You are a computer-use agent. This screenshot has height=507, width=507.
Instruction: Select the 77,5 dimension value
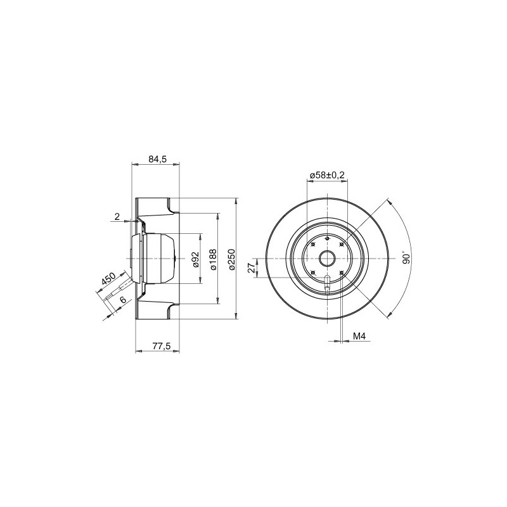[162, 346]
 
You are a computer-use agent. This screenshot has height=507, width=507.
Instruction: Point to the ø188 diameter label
[213, 259]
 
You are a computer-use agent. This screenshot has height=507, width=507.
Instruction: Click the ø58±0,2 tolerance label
[327, 176]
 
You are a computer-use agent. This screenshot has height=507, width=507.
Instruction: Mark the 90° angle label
[406, 257]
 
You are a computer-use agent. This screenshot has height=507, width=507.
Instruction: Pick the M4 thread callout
[359, 337]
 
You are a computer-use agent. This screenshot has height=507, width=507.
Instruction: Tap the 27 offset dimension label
[251, 267]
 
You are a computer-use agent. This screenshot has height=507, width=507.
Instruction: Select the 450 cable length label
[108, 279]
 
